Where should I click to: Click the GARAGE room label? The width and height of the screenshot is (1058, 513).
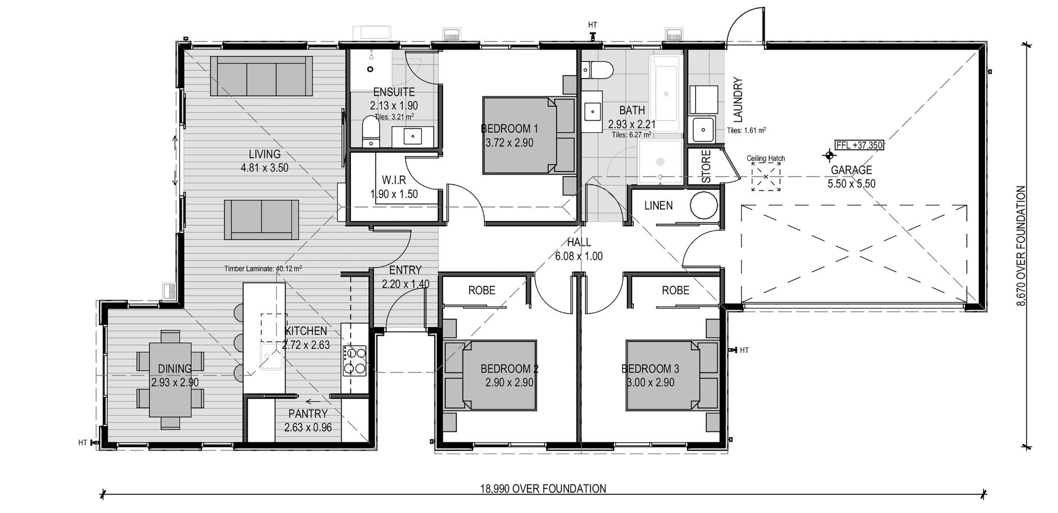point(851,170)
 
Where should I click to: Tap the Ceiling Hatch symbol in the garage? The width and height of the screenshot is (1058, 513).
point(766,177)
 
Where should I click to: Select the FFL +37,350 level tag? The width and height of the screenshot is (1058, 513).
point(859,145)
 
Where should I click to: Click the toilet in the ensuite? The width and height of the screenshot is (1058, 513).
point(370,132)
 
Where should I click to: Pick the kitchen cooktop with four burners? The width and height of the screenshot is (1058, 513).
point(354,360)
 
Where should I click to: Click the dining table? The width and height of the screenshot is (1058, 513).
point(170,380)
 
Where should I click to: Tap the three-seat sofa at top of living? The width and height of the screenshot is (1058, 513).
point(261,76)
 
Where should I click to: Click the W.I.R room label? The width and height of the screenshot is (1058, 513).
point(394,180)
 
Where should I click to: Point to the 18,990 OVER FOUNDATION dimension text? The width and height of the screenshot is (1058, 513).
point(543,489)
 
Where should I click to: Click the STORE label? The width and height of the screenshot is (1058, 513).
point(706,166)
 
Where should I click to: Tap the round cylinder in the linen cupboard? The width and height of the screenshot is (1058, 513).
point(704,206)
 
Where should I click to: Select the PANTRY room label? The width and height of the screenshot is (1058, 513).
point(308,414)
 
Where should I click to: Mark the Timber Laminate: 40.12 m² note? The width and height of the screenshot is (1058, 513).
point(263,269)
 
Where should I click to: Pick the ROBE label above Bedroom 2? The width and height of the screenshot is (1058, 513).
point(481,290)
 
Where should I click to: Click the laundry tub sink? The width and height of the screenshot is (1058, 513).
point(703,129)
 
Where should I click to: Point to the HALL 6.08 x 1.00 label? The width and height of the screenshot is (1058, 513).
point(579,249)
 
